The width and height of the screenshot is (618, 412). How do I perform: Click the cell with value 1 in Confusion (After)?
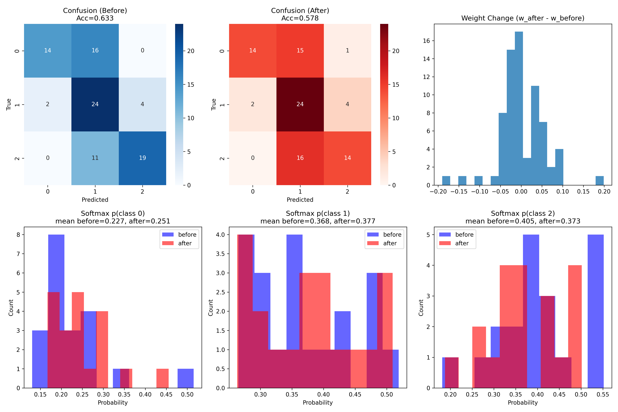[347, 50]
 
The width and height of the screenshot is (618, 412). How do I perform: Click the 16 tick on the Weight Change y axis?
[426, 41]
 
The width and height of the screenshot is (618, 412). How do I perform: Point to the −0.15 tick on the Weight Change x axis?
[459, 192]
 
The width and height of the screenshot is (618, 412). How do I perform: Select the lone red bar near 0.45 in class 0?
[162, 378]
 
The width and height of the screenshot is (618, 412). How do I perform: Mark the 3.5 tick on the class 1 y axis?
[220, 254]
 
